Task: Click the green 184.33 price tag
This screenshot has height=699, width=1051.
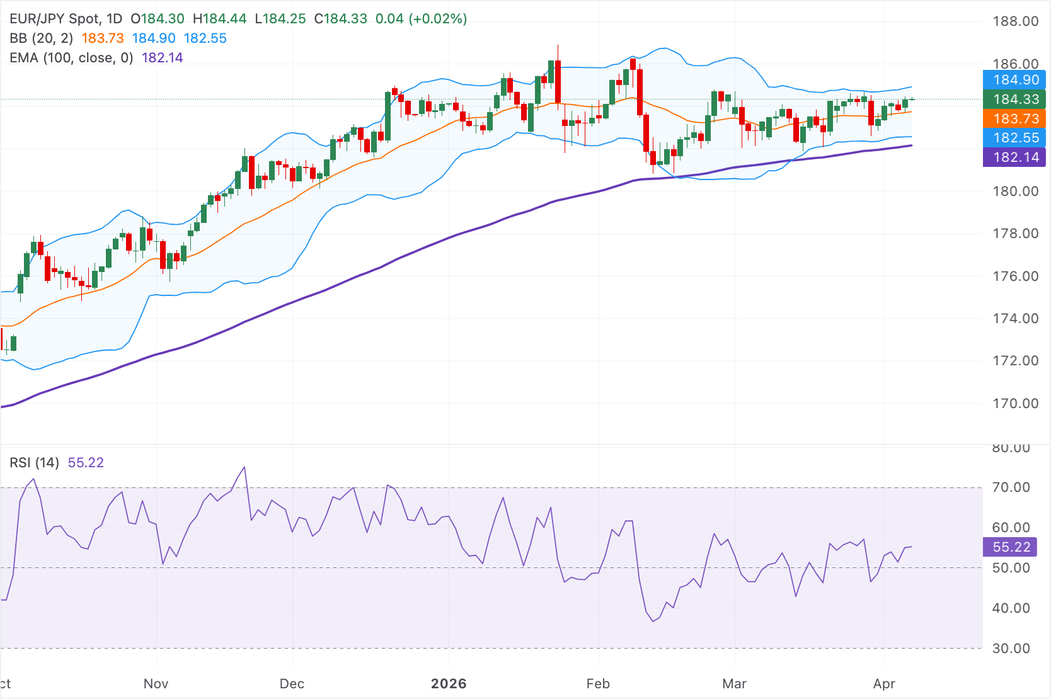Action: (x=1014, y=99)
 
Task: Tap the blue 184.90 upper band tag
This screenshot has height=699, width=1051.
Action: (x=1014, y=80)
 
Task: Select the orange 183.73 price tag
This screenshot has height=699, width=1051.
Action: (x=1014, y=119)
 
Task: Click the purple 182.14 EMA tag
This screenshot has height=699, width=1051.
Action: (x=1014, y=157)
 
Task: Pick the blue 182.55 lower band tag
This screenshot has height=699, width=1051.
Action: (x=1014, y=138)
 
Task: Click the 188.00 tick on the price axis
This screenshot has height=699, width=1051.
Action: (x=1015, y=21)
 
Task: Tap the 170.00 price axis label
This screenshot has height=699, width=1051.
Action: (x=1015, y=403)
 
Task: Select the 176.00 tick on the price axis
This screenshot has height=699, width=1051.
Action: (x=1015, y=276)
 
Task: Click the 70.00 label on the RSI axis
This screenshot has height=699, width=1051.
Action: (x=1011, y=487)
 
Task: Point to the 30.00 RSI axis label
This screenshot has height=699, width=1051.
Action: (x=1011, y=649)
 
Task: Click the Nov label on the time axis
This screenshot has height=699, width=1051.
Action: (x=156, y=684)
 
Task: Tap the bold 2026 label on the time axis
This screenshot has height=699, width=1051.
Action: (x=449, y=684)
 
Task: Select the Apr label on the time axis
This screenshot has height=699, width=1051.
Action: (x=884, y=684)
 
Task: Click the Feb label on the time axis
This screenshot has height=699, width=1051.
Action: (x=598, y=684)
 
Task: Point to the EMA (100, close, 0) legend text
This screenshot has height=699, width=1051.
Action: (x=71, y=58)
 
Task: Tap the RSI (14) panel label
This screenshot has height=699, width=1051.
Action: (x=34, y=463)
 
